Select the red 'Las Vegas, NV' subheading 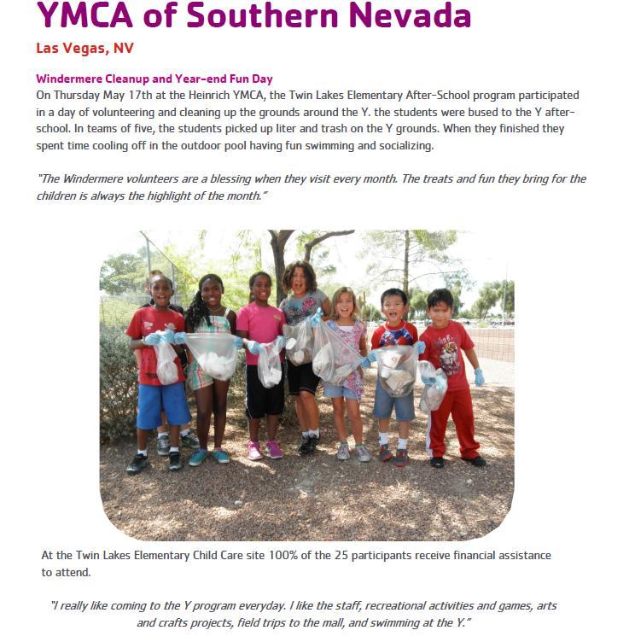84,48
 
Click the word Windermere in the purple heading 71,79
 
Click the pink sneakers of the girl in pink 265,450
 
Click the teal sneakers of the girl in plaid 209,457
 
